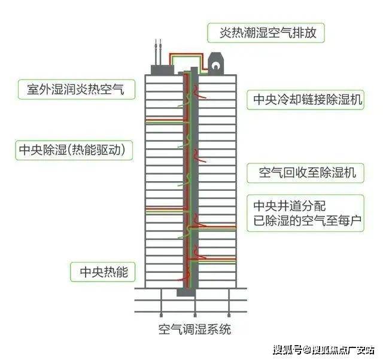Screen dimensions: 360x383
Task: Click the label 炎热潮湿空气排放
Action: pos(266,32)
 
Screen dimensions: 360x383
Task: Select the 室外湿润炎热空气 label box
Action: pos(73,90)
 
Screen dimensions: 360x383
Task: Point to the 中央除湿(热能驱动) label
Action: pos(73,150)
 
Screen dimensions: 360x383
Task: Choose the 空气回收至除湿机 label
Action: pos(308,173)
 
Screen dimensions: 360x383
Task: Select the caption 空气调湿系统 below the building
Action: pos(194,329)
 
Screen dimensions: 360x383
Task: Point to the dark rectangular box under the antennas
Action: pos(162,69)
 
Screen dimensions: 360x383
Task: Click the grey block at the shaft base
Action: pos(186,292)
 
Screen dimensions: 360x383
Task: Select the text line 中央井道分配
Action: pos(290,206)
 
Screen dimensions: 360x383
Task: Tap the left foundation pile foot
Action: pos(161,314)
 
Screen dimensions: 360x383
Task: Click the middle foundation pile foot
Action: pos(194,314)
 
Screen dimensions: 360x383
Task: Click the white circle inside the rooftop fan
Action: pos(215,62)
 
